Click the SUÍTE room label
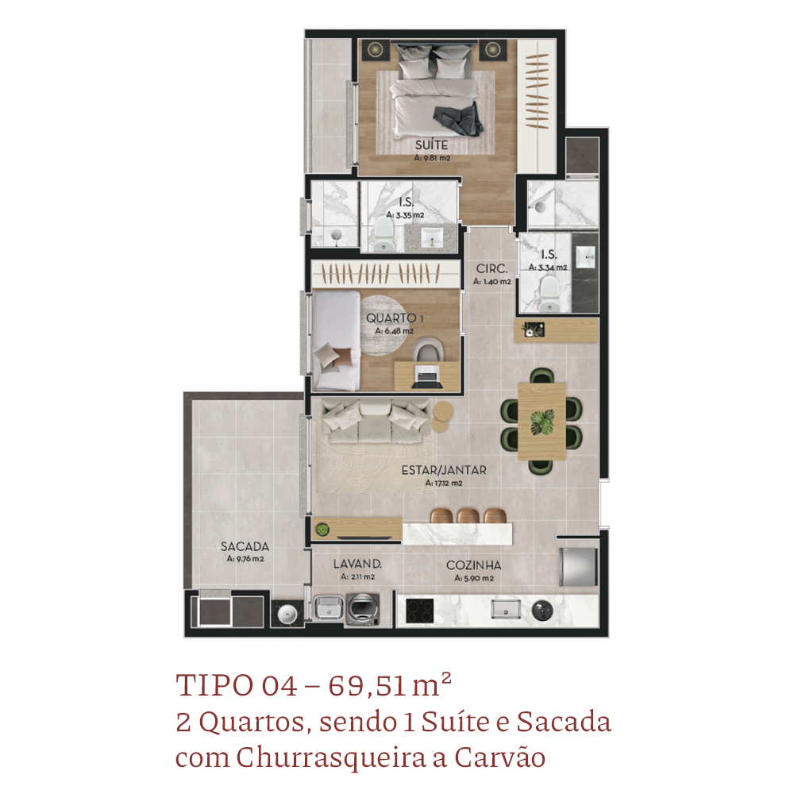(x=431, y=145)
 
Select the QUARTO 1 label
(x=395, y=318)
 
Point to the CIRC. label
(x=491, y=269)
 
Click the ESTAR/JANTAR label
(x=444, y=470)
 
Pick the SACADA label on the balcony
(x=245, y=546)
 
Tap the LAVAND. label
(x=357, y=564)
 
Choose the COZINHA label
(x=473, y=565)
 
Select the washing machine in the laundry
(x=363, y=610)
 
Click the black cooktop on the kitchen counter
(x=420, y=611)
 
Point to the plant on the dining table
(x=542, y=422)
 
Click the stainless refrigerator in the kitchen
(x=579, y=566)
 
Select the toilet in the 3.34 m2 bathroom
(x=548, y=295)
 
